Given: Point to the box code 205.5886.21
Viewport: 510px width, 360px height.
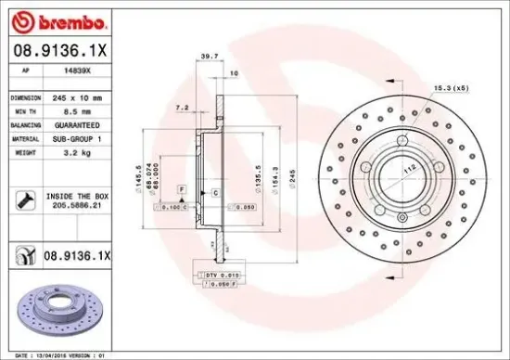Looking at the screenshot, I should (x=76, y=211).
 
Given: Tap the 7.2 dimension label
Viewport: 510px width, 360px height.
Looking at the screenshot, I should (x=183, y=108).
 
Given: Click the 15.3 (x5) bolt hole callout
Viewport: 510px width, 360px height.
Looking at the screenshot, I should (x=450, y=87).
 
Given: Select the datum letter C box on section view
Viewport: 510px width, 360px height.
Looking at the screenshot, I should (x=215, y=191).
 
